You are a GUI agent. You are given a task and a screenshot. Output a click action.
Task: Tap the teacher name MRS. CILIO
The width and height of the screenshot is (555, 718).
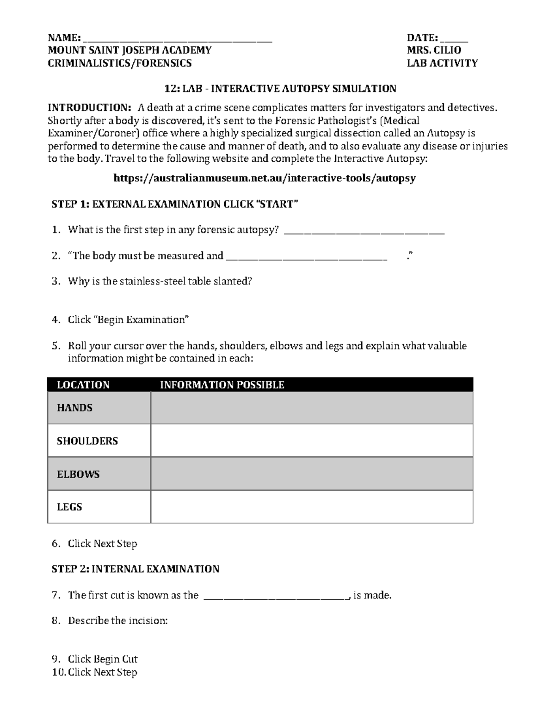point(434,50)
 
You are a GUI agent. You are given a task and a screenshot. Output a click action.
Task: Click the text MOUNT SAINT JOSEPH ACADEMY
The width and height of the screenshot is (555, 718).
point(129,50)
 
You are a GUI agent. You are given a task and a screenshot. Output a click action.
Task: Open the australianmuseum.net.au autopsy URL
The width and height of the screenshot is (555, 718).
point(265,178)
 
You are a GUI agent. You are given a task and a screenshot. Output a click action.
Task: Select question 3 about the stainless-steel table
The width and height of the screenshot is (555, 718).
point(160,282)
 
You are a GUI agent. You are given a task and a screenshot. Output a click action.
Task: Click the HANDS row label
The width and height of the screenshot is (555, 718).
point(74,408)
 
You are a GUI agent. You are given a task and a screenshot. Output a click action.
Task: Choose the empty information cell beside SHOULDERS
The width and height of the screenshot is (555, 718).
point(312,441)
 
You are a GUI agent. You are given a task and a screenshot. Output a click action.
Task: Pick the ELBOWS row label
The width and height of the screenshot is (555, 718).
point(78,474)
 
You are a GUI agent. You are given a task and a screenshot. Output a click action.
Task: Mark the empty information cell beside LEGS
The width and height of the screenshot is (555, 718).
point(312,507)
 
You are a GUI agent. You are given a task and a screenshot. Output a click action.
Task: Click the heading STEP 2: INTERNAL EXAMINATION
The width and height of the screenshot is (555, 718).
point(135,569)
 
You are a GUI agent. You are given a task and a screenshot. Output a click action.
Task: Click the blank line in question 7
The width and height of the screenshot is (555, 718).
point(276,597)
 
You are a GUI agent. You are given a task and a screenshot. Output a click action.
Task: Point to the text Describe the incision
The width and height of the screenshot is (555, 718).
point(117,621)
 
